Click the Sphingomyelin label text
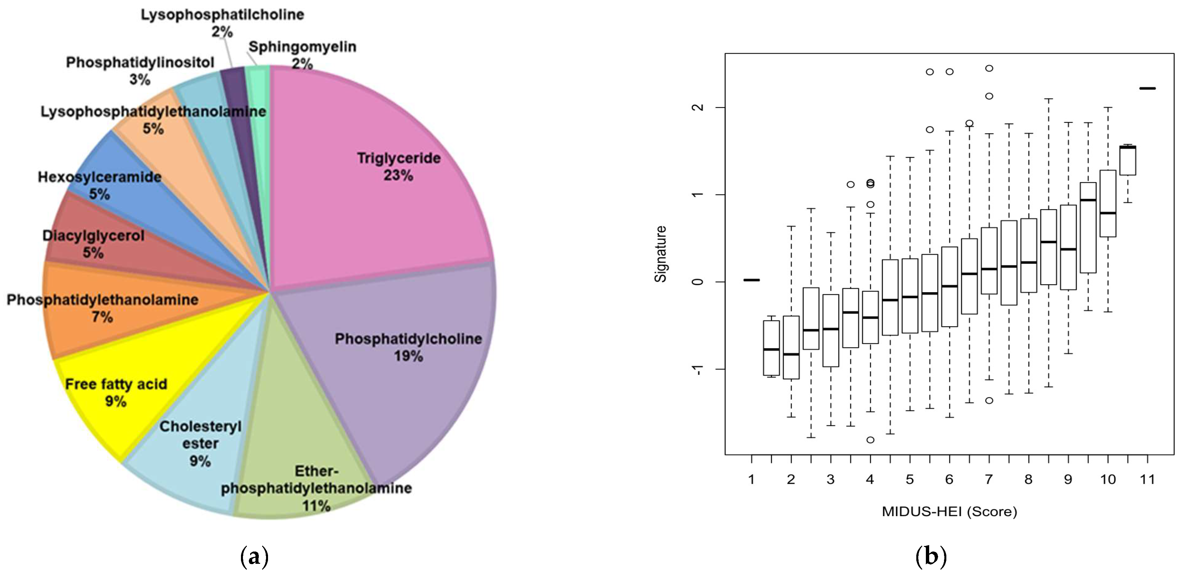click(302, 47)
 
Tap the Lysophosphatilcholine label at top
click(222, 15)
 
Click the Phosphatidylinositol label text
click(140, 62)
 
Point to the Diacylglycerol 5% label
click(93, 244)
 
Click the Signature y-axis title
click(660, 254)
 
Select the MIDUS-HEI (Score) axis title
click(949, 511)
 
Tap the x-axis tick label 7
click(989, 480)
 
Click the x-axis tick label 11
click(1147, 480)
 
